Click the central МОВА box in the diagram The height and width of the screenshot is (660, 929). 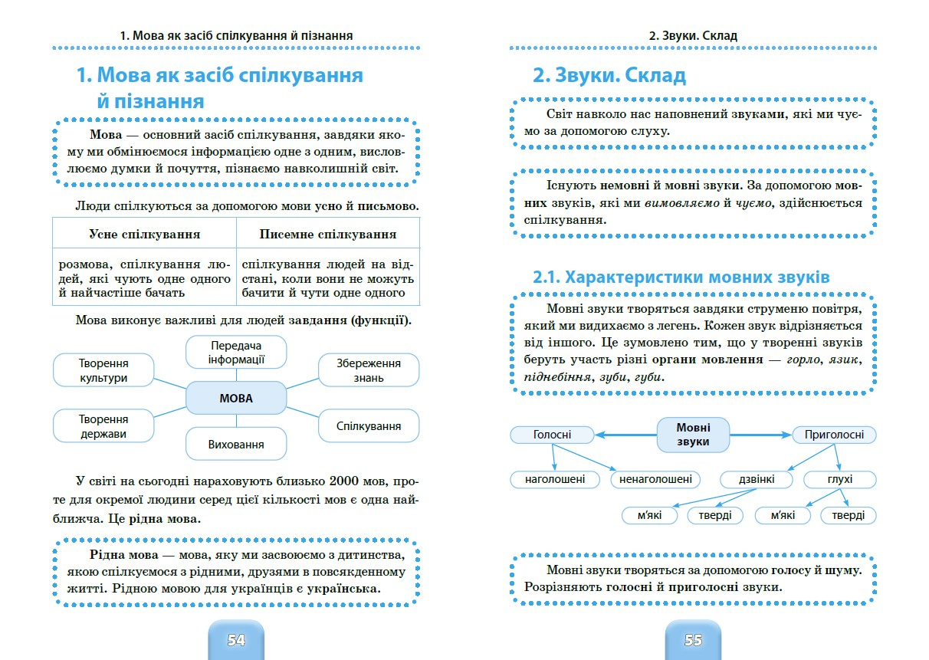pyautogui.click(x=236, y=399)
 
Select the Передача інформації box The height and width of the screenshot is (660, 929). pyautogui.click(x=236, y=352)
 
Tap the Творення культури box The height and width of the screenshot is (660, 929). pyautogui.click(x=103, y=369)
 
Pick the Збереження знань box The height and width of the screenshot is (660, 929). pyautogui.click(x=369, y=369)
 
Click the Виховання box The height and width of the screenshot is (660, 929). pyautogui.click(x=236, y=444)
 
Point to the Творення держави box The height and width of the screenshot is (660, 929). pyautogui.click(x=103, y=426)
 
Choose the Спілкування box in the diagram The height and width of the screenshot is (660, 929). pyautogui.click(x=369, y=425)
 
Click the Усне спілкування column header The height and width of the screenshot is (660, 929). pyautogui.click(x=144, y=235)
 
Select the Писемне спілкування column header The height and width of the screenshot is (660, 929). pyautogui.click(x=328, y=235)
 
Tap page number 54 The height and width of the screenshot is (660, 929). pyautogui.click(x=236, y=640)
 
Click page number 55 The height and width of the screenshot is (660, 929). pyautogui.click(x=693, y=640)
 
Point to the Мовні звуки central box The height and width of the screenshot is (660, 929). pyautogui.click(x=693, y=435)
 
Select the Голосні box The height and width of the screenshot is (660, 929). pyautogui.click(x=552, y=435)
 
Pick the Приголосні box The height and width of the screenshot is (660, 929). pyautogui.click(x=834, y=435)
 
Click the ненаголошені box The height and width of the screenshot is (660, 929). pyautogui.click(x=655, y=480)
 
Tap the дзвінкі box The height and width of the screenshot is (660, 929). pyautogui.click(x=756, y=480)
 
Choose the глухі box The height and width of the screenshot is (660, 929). pyautogui.click(x=839, y=480)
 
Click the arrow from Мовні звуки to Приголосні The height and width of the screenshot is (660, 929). pyautogui.click(x=760, y=435)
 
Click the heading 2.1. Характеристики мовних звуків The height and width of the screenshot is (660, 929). pyautogui.click(x=681, y=277)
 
